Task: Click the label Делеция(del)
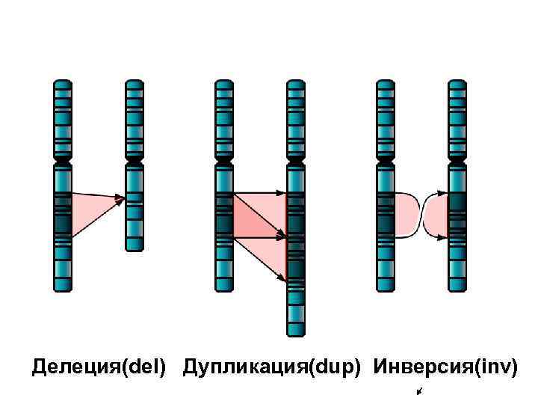(99, 367)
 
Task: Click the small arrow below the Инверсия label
(421, 392)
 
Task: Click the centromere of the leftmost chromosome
(62, 161)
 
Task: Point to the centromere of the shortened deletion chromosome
(134, 161)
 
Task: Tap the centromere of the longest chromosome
(296, 161)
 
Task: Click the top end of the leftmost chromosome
(62, 82)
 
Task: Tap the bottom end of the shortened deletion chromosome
(134, 248)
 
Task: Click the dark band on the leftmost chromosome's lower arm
(62, 224)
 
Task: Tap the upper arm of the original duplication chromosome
(224, 120)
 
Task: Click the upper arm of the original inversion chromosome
(385, 120)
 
